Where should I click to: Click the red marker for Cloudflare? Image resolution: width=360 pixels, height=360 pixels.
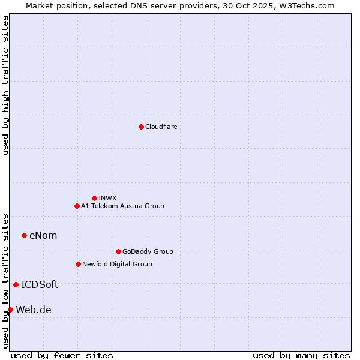pyautogui.click(x=141, y=127)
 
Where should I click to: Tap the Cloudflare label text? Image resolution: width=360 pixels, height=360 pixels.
pyautogui.click(x=161, y=127)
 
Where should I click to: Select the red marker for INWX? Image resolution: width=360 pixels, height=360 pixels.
pyautogui.click(x=94, y=198)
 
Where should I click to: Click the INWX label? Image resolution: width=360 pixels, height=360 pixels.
pyautogui.click(x=107, y=198)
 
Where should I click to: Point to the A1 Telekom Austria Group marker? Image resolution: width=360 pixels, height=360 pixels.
pyautogui.click(x=77, y=206)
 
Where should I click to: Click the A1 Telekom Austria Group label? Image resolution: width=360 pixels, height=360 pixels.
pyautogui.click(x=122, y=206)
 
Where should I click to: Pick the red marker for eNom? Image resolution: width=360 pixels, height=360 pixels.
pyautogui.click(x=24, y=235)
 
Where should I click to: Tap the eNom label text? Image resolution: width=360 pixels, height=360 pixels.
pyautogui.click(x=43, y=235)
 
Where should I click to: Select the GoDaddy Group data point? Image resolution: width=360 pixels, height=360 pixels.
pyautogui.click(x=118, y=251)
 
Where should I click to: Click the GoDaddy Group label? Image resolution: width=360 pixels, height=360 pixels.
pyautogui.click(x=148, y=251)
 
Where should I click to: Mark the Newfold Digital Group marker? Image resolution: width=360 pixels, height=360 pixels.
pyautogui.click(x=78, y=264)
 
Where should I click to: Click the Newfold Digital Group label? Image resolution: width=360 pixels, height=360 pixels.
pyautogui.click(x=117, y=264)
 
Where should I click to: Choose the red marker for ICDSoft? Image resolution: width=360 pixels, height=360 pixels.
pyautogui.click(x=16, y=284)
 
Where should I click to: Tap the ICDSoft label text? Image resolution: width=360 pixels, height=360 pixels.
pyautogui.click(x=40, y=284)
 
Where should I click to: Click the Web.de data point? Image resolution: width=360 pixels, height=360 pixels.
pyautogui.click(x=10, y=310)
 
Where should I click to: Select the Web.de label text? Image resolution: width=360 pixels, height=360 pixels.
pyautogui.click(x=34, y=310)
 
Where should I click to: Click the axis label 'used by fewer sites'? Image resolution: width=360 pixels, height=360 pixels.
pyautogui.click(x=62, y=355)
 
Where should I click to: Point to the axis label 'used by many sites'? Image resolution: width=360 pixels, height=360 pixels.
pyautogui.click(x=301, y=355)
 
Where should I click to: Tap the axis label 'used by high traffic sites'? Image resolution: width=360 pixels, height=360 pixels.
pyautogui.click(x=5, y=85)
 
